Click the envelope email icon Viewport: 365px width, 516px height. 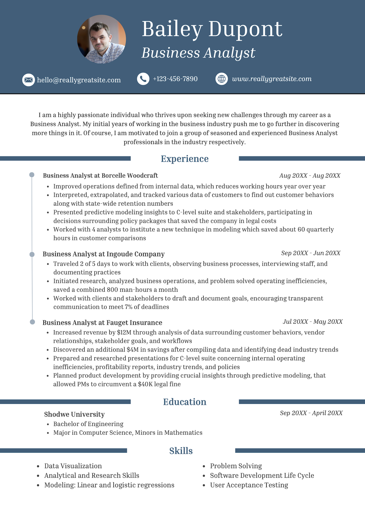click(28, 80)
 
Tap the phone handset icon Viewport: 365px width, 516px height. click(143, 79)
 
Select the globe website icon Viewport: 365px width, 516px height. click(222, 79)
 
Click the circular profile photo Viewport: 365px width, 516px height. click(101, 39)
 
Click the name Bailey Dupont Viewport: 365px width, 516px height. click(212, 29)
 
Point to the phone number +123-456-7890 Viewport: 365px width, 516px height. click(175, 79)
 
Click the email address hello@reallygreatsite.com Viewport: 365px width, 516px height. click(79, 80)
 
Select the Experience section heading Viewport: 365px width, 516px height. click(185, 159)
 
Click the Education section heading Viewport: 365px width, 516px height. click(185, 402)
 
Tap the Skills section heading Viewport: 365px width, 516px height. click(181, 451)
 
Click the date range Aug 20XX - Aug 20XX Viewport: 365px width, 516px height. click(310, 176)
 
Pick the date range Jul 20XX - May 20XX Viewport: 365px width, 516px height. click(313, 322)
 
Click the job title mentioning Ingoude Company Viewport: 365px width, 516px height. click(104, 254)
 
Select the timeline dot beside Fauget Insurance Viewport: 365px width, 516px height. click(32, 322)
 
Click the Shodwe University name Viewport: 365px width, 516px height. click(74, 414)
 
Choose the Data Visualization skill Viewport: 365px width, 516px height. click(73, 466)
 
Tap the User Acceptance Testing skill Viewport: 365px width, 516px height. click(249, 485)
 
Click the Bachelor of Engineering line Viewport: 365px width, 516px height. click(88, 424)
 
